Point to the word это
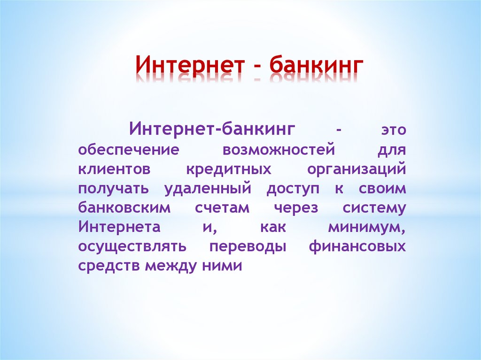391,130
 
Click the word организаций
357,169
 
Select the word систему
374,208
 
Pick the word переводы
248,247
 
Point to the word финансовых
357,247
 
